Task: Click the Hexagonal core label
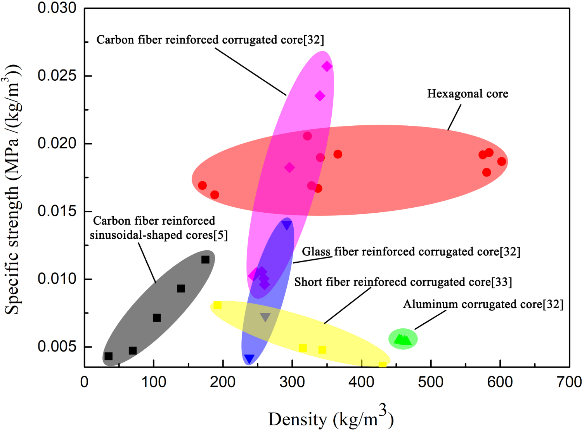tap(468, 94)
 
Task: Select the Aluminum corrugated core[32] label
tap(483, 304)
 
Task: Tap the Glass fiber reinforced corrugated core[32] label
tap(411, 252)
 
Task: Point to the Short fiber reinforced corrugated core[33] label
tap(403, 282)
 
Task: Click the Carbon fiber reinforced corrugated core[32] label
tap(210, 40)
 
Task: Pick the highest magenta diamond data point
tap(327, 66)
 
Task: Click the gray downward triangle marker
tap(265, 317)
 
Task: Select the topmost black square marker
tap(205, 260)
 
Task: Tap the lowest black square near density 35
tap(109, 356)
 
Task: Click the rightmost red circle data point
tap(502, 161)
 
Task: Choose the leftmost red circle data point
tap(202, 186)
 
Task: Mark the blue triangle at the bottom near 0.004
tap(249, 359)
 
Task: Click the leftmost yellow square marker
tap(218, 305)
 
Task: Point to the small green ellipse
tap(403, 339)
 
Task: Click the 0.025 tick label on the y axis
tap(57, 76)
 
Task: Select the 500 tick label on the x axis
tap(431, 382)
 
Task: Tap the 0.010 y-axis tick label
tap(57, 279)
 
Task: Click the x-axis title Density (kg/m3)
tap(331, 418)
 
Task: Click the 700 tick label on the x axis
tap(569, 382)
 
